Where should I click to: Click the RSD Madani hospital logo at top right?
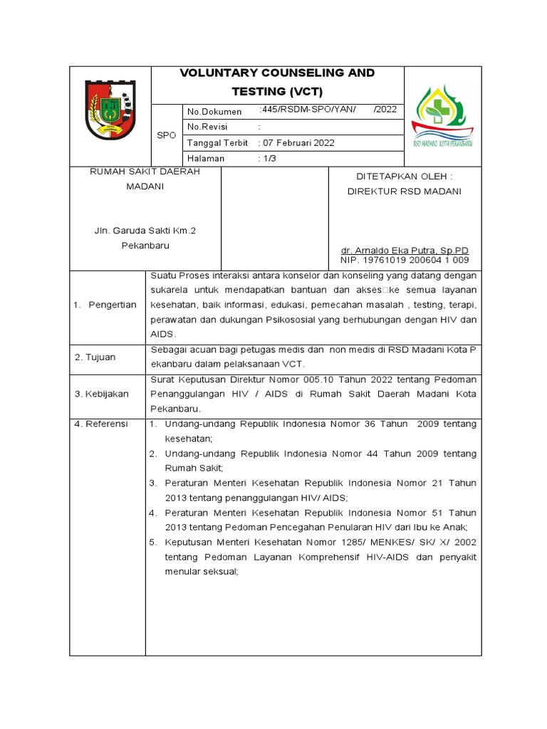coord(442,116)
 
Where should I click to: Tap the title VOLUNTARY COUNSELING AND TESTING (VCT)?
coord(277,83)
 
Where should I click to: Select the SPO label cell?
coord(167,135)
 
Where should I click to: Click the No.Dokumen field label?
coord(214,112)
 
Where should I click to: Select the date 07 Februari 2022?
coord(298,142)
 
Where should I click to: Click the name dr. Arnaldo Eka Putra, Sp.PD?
coord(405,251)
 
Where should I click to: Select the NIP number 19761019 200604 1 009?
coord(405,261)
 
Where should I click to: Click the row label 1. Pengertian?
coord(105,305)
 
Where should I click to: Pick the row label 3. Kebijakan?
coord(101,394)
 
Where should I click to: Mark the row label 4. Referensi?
coord(101,424)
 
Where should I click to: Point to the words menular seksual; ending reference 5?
coord(202,571)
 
